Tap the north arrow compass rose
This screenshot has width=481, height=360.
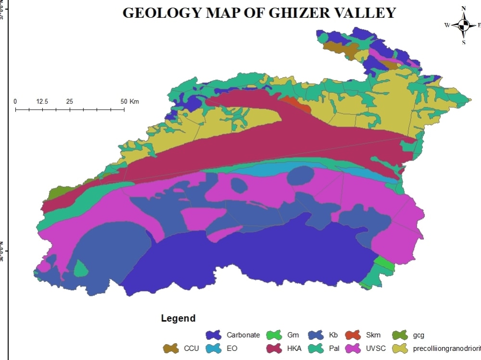[x=464, y=25]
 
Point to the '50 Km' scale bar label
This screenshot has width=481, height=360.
[x=129, y=101]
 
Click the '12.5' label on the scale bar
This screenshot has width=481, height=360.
[x=42, y=101]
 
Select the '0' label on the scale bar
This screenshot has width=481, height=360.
[x=15, y=101]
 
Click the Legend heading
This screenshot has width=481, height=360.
[x=178, y=318]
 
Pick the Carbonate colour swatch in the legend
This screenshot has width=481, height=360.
[x=213, y=335]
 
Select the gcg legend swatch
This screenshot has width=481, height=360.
[x=400, y=335]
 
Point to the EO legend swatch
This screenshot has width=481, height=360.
[x=213, y=348]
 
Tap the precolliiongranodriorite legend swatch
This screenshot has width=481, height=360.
[x=400, y=348]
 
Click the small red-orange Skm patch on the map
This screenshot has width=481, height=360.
[x=295, y=104]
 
